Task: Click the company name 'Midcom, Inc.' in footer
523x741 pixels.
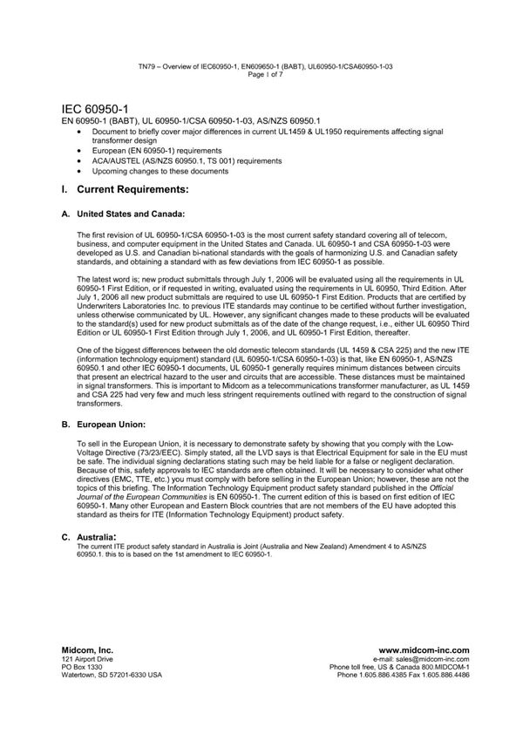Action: pyautogui.click(x=87, y=649)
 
